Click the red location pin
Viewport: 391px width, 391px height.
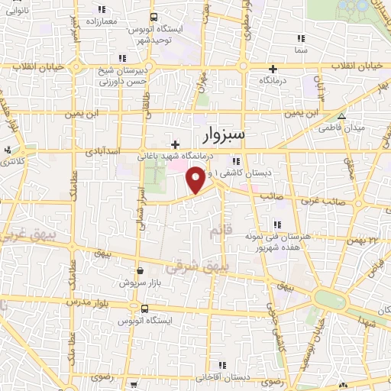click(x=195, y=180)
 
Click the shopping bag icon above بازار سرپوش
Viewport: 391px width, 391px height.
click(x=139, y=270)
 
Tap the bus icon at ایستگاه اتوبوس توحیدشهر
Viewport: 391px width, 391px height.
click(x=153, y=17)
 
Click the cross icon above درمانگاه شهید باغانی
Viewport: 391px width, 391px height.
click(x=175, y=144)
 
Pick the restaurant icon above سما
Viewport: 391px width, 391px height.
click(x=299, y=37)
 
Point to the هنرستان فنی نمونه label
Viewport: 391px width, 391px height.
click(x=285, y=238)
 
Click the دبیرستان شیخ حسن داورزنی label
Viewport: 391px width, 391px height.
click(x=116, y=77)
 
